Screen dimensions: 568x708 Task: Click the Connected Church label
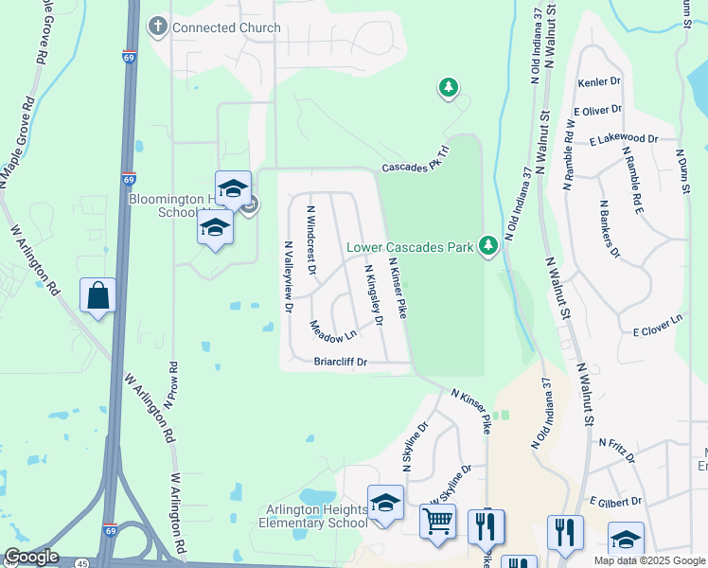(226, 27)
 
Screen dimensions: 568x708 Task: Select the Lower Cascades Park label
(410, 248)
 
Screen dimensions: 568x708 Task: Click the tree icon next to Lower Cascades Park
(488, 246)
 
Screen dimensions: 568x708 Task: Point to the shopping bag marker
(97, 295)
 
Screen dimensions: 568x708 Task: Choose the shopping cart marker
(437, 521)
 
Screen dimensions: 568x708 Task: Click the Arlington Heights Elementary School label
(310, 516)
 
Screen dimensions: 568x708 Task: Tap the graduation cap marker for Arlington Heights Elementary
(385, 504)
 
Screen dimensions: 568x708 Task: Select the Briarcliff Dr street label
(340, 362)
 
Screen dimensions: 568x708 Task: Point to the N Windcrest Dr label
(310, 238)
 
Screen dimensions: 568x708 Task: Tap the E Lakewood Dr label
(623, 139)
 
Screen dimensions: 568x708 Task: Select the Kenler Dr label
(598, 83)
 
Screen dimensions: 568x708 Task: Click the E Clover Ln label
(658, 327)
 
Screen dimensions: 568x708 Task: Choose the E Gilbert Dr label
(616, 501)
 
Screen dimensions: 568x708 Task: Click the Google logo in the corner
(31, 558)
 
